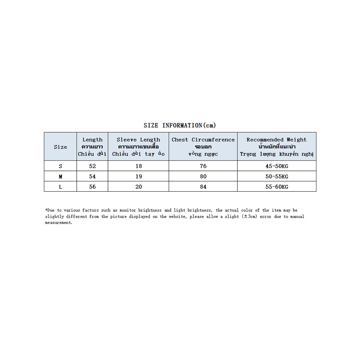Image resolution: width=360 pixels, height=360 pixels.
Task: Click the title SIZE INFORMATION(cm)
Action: [180, 126]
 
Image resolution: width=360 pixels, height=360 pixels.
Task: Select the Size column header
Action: [60, 147]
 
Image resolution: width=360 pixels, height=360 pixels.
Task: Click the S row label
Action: [60, 166]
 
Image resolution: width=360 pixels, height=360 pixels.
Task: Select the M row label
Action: [60, 176]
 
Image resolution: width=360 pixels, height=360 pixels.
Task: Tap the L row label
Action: [60, 187]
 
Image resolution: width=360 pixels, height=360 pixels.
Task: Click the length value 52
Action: [92, 166]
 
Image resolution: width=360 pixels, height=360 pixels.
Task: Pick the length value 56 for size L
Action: [92, 187]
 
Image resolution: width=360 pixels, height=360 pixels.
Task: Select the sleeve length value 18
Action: [139, 166]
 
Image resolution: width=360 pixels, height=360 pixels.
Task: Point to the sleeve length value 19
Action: [139, 176]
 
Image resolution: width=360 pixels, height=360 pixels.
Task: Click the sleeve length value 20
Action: [139, 187]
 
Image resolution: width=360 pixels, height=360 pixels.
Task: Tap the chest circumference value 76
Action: [203, 166]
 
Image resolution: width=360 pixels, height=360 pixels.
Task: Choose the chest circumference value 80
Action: [203, 176]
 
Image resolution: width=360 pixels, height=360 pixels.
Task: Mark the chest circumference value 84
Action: [203, 187]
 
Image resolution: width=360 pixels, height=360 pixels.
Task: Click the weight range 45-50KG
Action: [277, 166]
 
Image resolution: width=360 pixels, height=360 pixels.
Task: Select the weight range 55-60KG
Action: [277, 187]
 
